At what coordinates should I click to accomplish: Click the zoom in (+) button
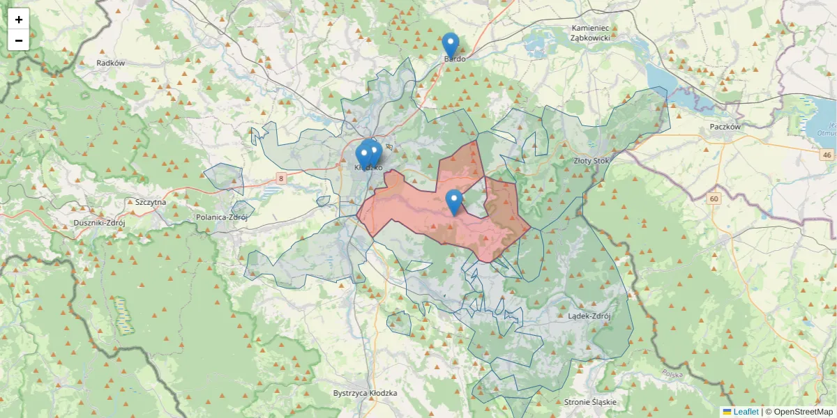coord(19,20)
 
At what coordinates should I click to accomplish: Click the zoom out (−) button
coord(19,40)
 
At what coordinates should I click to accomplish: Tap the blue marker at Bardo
coord(451,45)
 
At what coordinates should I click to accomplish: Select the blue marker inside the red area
coord(454,202)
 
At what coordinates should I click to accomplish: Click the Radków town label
coord(111,63)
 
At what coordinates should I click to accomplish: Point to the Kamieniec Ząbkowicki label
coord(591,33)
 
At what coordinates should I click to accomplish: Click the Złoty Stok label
coord(591,160)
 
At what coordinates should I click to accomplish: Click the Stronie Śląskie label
coord(590,403)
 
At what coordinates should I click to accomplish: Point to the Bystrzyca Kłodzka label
coord(365,393)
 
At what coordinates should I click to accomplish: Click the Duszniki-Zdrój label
coord(99,223)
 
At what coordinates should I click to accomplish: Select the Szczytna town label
coord(151,202)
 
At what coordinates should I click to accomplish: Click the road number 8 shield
coord(280,179)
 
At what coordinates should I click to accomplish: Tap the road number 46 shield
coord(827,155)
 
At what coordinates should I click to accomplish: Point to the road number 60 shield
coord(714,199)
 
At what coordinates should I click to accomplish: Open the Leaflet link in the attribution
coord(746,412)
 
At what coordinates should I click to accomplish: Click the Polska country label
coord(673,374)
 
